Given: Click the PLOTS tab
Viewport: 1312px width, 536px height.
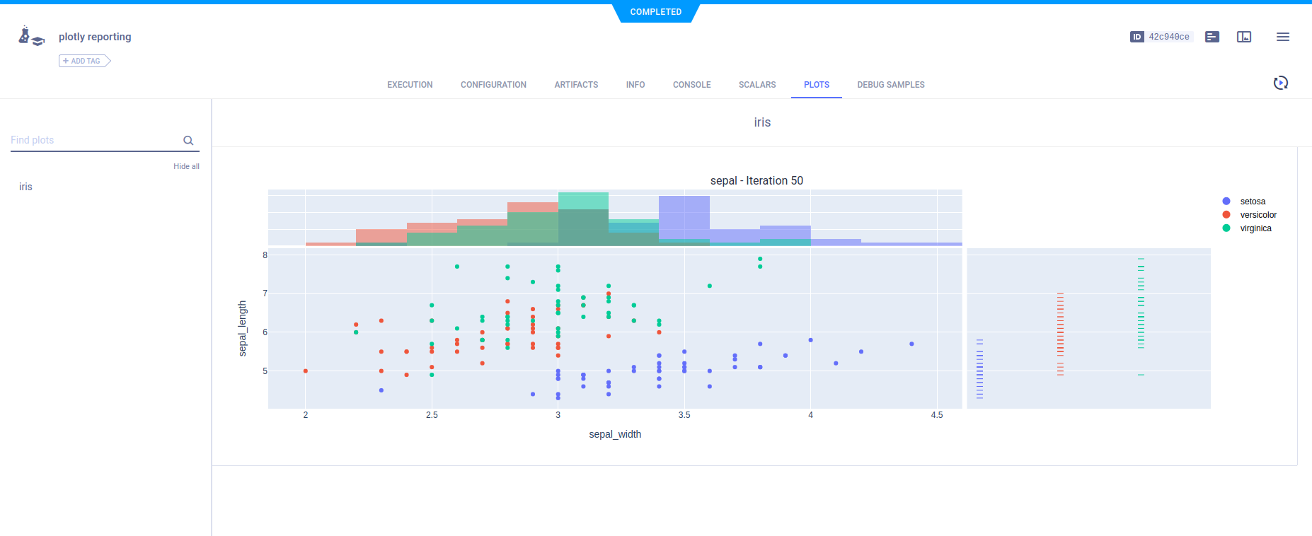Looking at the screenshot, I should [816, 85].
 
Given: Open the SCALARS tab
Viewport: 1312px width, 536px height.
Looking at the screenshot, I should [756, 85].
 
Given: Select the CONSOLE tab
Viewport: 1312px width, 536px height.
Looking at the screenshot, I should [691, 85].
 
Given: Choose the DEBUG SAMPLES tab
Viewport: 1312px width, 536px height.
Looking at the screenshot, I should [890, 85].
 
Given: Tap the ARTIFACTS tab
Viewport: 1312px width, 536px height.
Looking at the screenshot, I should [576, 85].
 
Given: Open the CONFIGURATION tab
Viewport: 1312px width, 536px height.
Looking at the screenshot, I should [493, 85].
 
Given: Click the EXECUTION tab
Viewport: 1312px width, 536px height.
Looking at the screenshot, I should [410, 85].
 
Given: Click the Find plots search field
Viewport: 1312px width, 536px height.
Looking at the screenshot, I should [96, 140].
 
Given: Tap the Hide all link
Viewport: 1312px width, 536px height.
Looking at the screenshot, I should [186, 166].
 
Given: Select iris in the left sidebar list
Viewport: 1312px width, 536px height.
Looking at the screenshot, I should [25, 187].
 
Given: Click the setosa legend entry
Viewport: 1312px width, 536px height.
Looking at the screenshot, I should [1253, 202].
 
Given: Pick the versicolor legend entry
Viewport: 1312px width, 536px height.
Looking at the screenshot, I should [1258, 215].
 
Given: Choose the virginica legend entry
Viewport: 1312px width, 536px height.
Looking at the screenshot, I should [1255, 228].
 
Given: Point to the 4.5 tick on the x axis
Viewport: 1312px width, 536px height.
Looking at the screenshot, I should [936, 415].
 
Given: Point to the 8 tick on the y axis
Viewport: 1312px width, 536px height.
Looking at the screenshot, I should [265, 255].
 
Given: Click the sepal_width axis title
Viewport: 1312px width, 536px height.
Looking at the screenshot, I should [615, 434].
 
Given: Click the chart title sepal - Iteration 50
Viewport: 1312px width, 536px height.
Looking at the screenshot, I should [756, 181].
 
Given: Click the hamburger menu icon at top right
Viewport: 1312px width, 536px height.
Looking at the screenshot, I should [1282, 37].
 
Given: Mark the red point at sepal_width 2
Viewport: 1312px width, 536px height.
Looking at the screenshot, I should [306, 371].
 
